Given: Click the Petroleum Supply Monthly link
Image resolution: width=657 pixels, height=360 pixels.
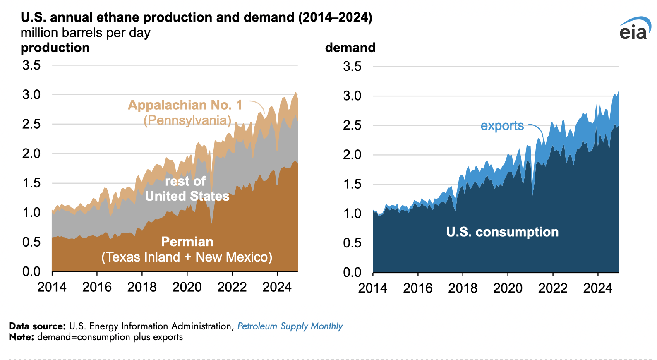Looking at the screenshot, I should pyautogui.click(x=290, y=326).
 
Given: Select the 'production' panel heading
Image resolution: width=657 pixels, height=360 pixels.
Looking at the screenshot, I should pyautogui.click(x=55, y=48).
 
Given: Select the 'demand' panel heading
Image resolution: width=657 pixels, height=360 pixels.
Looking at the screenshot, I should pyautogui.click(x=350, y=48).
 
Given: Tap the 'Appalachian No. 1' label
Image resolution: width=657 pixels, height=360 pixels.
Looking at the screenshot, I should pyautogui.click(x=185, y=105).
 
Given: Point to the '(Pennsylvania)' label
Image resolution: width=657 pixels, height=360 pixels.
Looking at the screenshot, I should pyautogui.click(x=187, y=120).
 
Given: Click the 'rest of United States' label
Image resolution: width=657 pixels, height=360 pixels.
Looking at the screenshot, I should pyautogui.click(x=187, y=189).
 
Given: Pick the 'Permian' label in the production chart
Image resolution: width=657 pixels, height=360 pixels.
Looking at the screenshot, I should pyautogui.click(x=187, y=242).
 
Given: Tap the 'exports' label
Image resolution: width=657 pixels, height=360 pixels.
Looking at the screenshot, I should pyautogui.click(x=502, y=126).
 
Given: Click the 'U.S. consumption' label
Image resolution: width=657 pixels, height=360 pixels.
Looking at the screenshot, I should pyautogui.click(x=502, y=232).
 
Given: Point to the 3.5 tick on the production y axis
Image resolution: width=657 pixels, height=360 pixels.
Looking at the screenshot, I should pyautogui.click(x=31, y=65).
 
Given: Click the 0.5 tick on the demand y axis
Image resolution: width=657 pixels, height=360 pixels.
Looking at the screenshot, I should pyautogui.click(x=352, y=243).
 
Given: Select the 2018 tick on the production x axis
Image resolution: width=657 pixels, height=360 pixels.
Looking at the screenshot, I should pyautogui.click(x=142, y=287).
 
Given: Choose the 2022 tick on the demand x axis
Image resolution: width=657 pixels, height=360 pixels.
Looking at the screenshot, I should pyautogui.click(x=553, y=288).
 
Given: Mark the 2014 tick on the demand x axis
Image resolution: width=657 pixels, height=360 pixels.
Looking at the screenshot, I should pyautogui.click(x=373, y=288).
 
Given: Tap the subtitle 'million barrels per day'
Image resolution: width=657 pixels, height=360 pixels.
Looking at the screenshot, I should pyautogui.click(x=86, y=33).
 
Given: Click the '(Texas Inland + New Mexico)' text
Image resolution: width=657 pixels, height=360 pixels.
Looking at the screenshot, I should pyautogui.click(x=187, y=257).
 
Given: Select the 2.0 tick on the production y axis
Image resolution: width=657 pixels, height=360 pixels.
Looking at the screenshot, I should pyautogui.click(x=31, y=154).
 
